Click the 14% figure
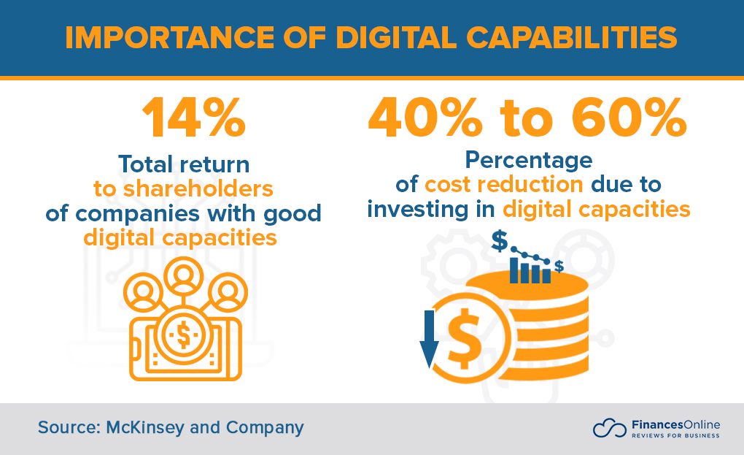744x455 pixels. click(x=193, y=119)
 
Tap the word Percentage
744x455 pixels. click(x=527, y=159)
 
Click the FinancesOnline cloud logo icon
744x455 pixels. click(x=610, y=428)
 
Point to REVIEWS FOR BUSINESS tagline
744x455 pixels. click(x=674, y=436)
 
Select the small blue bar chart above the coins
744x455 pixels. click(x=530, y=270)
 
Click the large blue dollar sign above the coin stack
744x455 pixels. click(x=500, y=242)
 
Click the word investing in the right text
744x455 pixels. click(x=411, y=210)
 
